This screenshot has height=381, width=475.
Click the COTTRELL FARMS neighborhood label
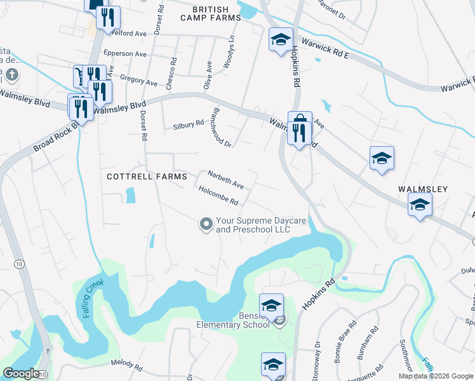[147, 177]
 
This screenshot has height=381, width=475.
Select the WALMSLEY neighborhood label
[423, 189]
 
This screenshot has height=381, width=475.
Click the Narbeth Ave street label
[226, 179]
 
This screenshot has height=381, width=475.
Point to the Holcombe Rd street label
[218, 195]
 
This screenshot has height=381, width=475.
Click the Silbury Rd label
[189, 125]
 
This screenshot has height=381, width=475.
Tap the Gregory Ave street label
[138, 81]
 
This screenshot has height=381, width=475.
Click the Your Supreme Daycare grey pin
[206, 224]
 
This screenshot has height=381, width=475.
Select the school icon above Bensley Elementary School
[271, 305]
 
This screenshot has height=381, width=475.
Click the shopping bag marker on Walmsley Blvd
[299, 119]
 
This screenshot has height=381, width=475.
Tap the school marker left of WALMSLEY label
[382, 157]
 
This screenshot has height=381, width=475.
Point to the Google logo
[20, 373]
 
